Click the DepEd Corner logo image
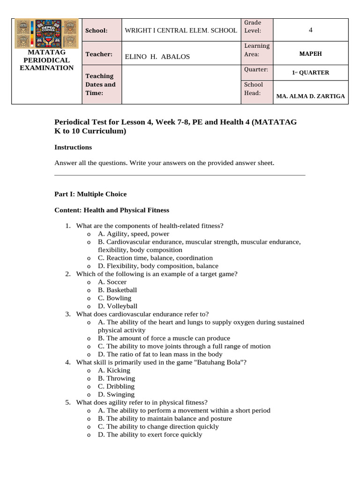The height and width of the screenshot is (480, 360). pyautogui.click(x=46, y=34)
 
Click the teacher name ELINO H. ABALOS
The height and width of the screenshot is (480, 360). pyautogui.click(x=157, y=57)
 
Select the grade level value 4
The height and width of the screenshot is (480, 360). pyautogui.click(x=310, y=30)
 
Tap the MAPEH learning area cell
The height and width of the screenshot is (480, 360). pyautogui.click(x=310, y=54)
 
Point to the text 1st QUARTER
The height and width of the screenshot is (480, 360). pyautogui.click(x=310, y=73)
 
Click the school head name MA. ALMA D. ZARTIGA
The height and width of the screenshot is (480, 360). pyautogui.click(x=310, y=96)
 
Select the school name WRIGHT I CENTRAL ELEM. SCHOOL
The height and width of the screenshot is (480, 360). pyautogui.click(x=180, y=30)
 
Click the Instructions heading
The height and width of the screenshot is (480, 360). pyautogui.click(x=73, y=147)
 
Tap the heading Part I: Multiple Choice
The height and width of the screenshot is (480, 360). pyautogui.click(x=90, y=194)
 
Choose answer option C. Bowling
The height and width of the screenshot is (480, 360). pyautogui.click(x=114, y=298)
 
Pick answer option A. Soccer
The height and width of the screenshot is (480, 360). pyautogui.click(x=112, y=282)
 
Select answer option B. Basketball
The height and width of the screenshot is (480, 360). pyautogui.click(x=117, y=290)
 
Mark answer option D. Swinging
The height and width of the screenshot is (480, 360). pyautogui.click(x=116, y=394)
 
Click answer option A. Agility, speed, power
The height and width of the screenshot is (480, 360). pyautogui.click(x=133, y=234)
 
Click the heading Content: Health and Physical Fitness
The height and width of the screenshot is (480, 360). pyautogui.click(x=112, y=210)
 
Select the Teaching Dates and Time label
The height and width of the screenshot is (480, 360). pyautogui.click(x=100, y=84)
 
